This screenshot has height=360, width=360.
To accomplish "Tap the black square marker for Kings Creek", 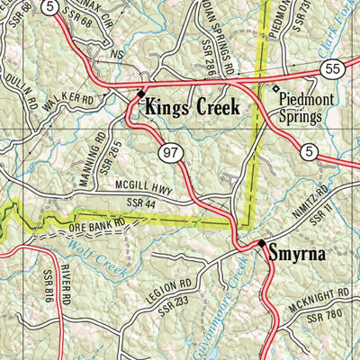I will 140,93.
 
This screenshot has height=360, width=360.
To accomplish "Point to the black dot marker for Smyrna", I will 262,244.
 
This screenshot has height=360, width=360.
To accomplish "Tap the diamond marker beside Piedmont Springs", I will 276,88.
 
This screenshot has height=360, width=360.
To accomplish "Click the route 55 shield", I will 333,68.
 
